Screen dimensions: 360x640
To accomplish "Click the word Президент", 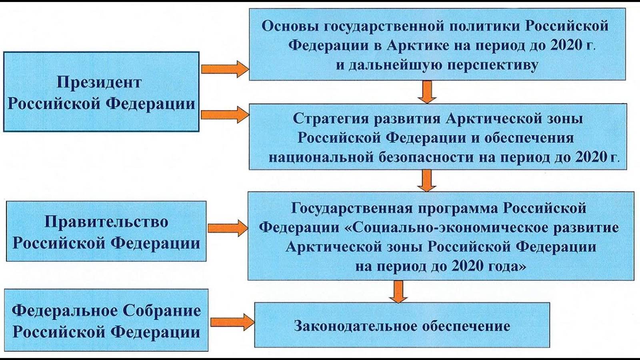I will [99, 83].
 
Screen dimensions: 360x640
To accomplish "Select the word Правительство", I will [106, 222].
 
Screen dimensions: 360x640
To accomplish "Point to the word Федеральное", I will [64, 311].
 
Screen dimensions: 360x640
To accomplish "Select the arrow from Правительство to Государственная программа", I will [227, 228].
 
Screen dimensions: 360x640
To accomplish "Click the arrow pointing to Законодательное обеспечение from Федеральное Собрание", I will [232, 322].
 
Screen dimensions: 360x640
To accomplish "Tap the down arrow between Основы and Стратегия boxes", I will [427, 92].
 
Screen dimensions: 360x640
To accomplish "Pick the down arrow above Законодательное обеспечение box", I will [398, 291].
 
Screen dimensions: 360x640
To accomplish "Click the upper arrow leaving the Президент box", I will [224, 69].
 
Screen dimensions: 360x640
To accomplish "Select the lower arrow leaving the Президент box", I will [224, 115].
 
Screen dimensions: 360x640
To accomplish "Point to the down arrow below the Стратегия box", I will [427, 180].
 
